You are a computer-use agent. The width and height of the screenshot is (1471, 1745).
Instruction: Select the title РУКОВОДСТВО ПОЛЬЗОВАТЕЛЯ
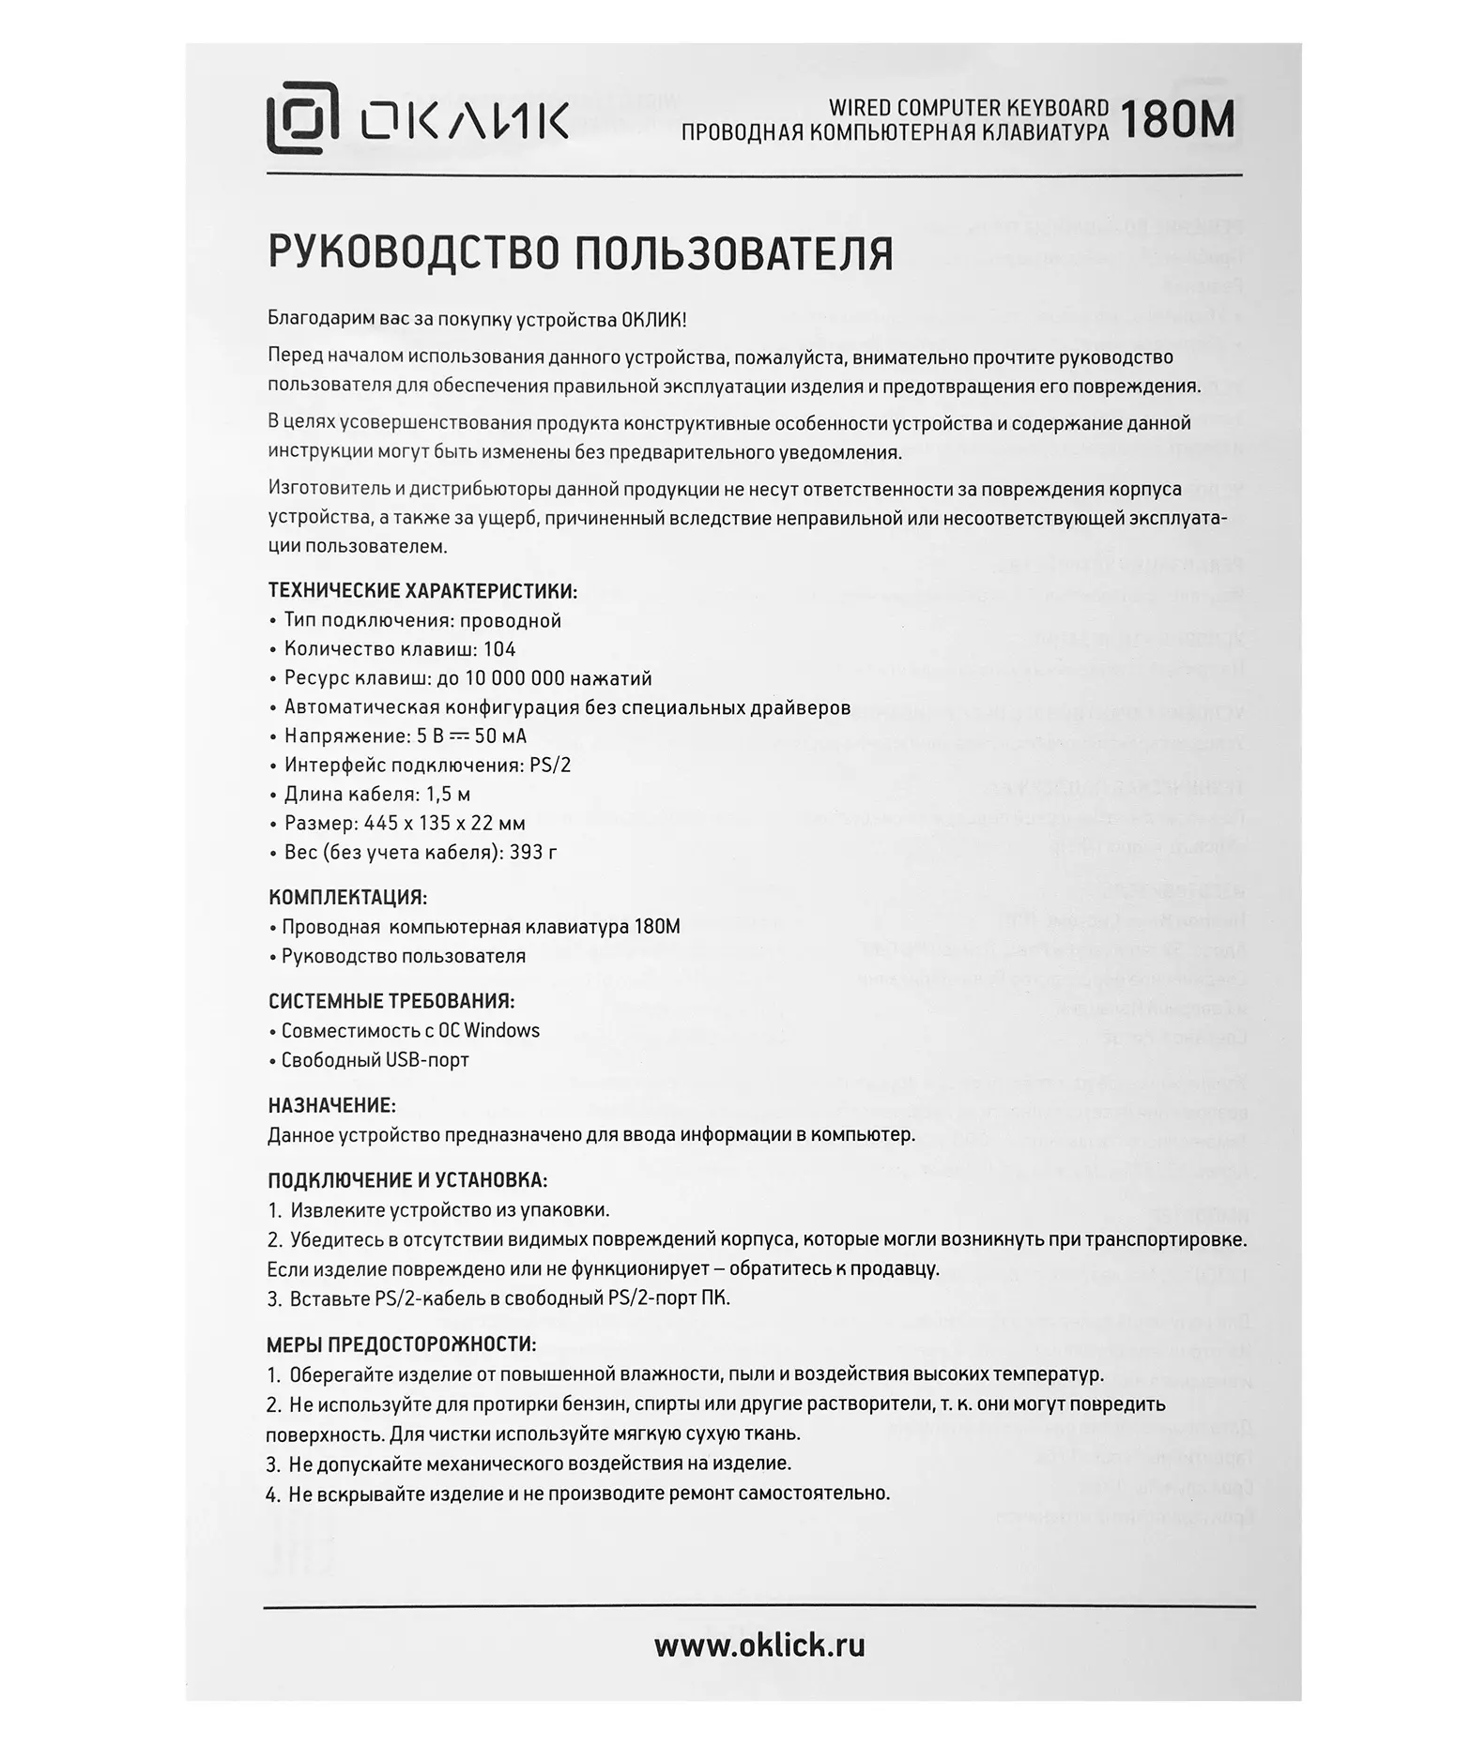580,253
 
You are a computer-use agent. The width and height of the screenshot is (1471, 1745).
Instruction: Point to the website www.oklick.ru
759,1646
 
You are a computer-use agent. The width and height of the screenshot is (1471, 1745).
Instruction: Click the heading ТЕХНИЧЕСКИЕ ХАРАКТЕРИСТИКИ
422,591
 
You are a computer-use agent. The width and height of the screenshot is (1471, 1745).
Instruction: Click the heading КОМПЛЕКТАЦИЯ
347,898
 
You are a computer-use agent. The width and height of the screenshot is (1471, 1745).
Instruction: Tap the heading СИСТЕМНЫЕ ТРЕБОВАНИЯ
391,1001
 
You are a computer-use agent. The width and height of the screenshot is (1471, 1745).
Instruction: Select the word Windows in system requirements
502,1030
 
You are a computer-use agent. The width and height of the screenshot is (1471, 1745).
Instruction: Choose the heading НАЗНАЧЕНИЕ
331,1106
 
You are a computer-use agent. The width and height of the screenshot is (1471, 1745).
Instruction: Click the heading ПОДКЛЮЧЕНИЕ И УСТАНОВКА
407,1180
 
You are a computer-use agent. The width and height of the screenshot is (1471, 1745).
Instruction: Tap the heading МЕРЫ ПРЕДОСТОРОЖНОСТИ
402,1344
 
